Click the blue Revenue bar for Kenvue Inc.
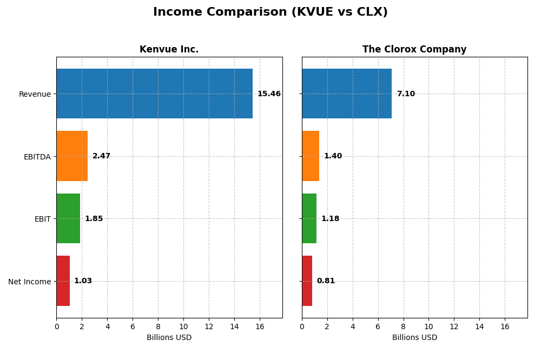point(154,94)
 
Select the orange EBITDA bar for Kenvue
point(72,156)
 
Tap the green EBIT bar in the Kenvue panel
point(68,218)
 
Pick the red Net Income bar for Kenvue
point(63,281)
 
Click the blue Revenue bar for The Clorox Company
point(347,94)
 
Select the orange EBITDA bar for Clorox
point(311,156)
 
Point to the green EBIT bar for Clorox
point(309,218)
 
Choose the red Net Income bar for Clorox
point(307,281)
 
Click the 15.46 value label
point(269,94)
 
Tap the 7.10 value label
point(406,94)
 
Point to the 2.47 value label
point(101,156)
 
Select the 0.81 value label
point(326,281)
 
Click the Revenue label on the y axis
point(35,94)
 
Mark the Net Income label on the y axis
point(29,282)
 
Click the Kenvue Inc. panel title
point(169,50)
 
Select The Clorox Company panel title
point(414,50)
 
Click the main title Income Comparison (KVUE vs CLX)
point(270,12)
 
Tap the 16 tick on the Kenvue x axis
point(260,327)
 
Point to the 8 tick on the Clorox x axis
point(404,327)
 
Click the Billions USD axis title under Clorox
point(414,338)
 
